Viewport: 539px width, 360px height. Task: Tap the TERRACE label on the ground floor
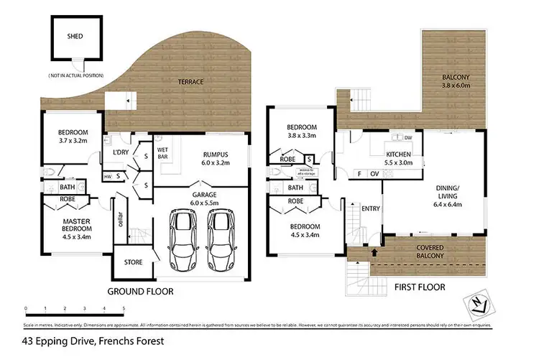point(190,82)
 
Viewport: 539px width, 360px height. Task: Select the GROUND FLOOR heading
point(140,292)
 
